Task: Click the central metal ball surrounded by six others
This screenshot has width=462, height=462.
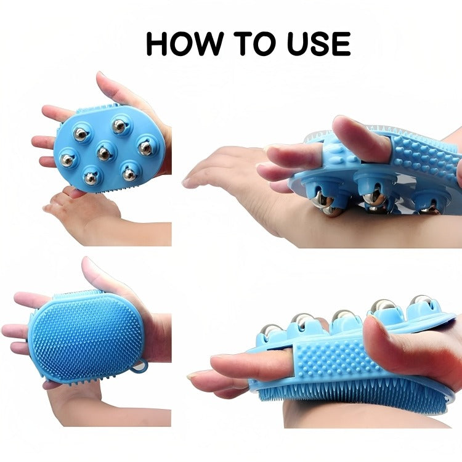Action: tap(105, 152)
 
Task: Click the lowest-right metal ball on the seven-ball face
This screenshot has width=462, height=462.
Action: tap(129, 174)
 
